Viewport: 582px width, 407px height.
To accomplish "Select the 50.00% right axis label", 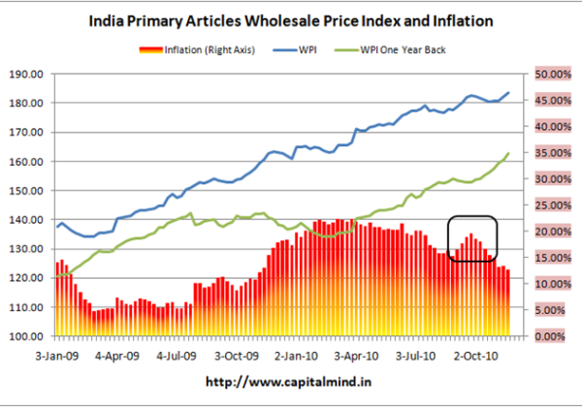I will (x=548, y=74).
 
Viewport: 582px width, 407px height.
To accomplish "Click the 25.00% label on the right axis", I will (x=548, y=205).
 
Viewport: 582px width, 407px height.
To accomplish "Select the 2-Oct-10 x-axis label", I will (x=478, y=356).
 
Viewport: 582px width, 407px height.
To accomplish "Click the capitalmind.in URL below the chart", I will (x=289, y=383).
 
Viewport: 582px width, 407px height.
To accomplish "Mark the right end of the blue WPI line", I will (x=509, y=93).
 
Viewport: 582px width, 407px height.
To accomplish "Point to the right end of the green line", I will (x=509, y=153).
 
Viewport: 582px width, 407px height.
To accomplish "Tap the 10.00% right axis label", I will (x=548, y=284).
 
